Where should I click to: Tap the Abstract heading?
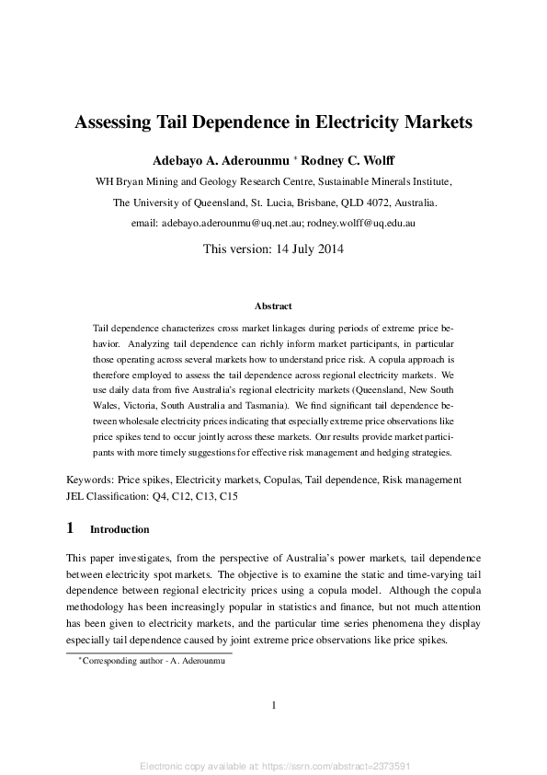(273, 306)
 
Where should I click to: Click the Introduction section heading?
(120, 530)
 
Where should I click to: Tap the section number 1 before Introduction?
(71, 529)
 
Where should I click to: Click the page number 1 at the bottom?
(274, 706)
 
